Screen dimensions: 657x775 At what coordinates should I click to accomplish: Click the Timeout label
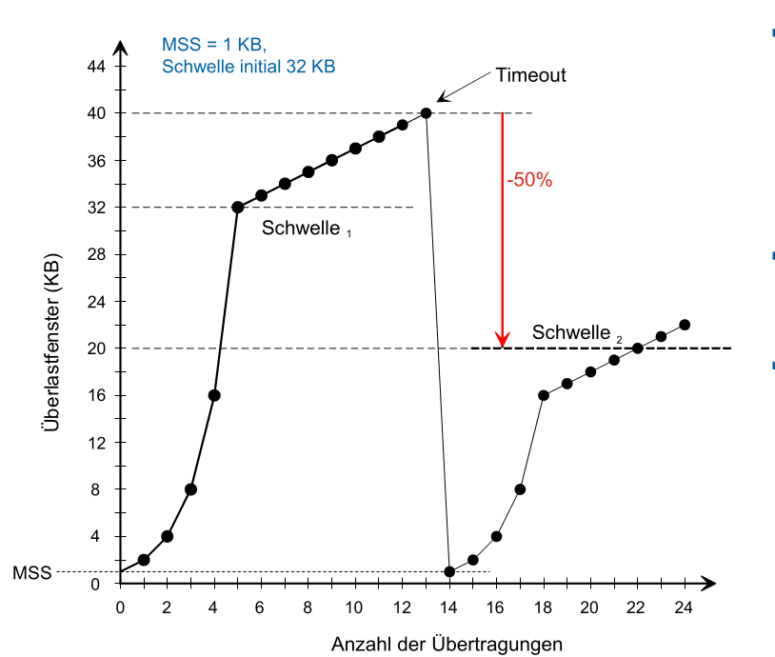(530, 75)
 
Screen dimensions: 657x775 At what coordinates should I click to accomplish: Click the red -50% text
(530, 179)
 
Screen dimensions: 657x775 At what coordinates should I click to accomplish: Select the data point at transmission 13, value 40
(426, 113)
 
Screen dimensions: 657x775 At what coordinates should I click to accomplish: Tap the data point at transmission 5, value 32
(237, 207)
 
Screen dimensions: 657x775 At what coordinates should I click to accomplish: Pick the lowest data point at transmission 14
(449, 571)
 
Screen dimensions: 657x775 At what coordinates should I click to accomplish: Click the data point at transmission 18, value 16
(544, 395)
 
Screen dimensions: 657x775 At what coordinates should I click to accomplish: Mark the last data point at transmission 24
(685, 325)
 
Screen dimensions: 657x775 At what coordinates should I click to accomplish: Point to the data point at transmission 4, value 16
(214, 395)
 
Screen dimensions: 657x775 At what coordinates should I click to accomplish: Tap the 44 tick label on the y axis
(97, 67)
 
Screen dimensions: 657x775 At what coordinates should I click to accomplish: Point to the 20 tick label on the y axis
(97, 348)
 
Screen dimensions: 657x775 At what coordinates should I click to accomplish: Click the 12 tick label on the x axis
(402, 607)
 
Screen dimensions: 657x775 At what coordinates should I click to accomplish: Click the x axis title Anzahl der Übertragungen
(447, 644)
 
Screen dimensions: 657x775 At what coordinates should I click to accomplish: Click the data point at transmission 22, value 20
(638, 348)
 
